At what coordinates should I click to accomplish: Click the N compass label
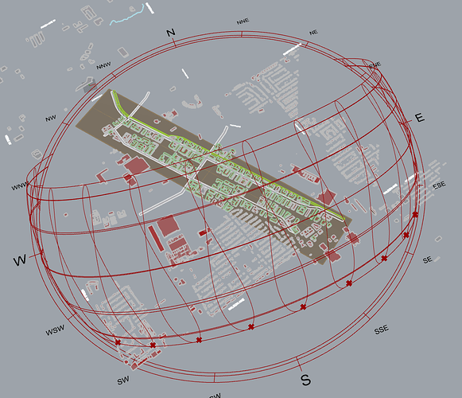(170, 32)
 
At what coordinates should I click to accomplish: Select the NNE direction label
(242, 23)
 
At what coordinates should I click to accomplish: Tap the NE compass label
(313, 33)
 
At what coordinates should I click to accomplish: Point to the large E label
(420, 118)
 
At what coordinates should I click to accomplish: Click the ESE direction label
(439, 185)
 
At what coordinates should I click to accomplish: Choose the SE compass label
(427, 260)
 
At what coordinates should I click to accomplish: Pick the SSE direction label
(382, 329)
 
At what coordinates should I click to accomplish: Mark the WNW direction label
(20, 187)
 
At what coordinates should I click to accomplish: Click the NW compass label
(51, 119)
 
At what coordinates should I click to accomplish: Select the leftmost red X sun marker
(118, 342)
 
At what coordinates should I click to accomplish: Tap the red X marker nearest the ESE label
(415, 214)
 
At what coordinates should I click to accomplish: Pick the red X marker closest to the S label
(303, 306)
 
